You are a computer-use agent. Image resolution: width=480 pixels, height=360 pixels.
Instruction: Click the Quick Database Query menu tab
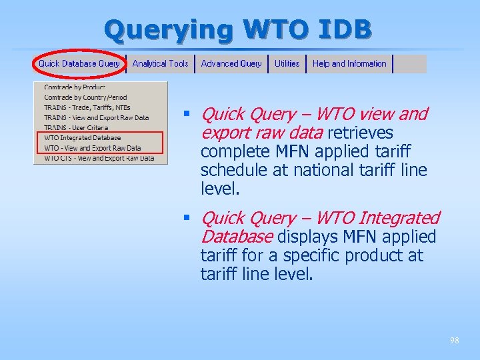(79, 64)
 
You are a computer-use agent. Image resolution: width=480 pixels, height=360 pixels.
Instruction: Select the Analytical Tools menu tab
(160, 64)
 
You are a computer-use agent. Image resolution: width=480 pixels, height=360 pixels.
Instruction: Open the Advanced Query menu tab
(231, 64)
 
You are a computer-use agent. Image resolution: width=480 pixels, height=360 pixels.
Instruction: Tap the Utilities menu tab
(287, 64)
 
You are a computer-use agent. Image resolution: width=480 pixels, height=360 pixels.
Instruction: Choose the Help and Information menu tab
(349, 64)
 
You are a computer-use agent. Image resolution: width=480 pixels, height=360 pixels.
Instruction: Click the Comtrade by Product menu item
(75, 87)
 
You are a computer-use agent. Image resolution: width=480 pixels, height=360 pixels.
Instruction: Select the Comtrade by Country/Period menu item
(85, 97)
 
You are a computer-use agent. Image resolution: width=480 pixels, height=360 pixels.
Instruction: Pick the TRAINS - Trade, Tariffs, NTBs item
(87, 107)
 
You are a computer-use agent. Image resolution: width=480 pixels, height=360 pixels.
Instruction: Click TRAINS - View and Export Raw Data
(96, 117)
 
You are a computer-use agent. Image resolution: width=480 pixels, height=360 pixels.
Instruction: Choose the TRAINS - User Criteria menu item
(76, 127)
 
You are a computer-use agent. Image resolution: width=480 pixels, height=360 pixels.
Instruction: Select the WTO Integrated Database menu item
(83, 138)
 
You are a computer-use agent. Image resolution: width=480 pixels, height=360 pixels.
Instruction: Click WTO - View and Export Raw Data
(93, 148)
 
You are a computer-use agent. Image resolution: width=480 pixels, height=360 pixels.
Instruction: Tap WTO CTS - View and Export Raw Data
(99, 158)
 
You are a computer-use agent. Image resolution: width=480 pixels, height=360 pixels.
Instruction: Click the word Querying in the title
(170, 29)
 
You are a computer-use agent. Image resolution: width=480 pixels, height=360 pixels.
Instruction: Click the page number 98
(454, 341)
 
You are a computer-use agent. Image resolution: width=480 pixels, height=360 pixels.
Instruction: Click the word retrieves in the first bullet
(360, 133)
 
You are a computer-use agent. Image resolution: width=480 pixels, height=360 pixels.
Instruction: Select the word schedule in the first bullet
(230, 170)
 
